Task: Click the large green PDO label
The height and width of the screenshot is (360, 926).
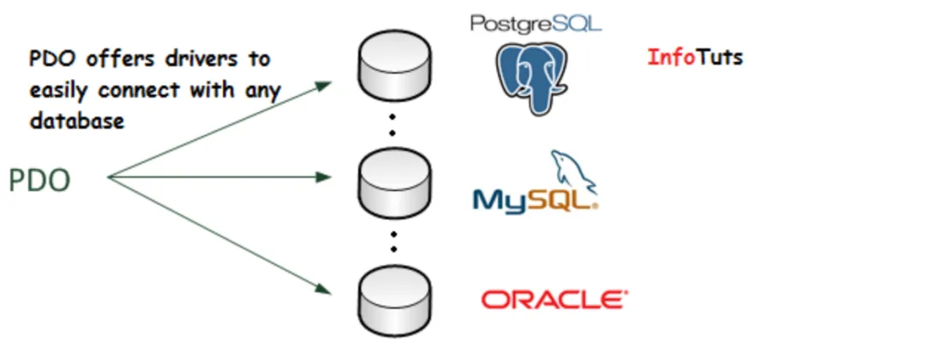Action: click(x=39, y=181)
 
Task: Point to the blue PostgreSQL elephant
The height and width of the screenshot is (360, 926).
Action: click(x=531, y=77)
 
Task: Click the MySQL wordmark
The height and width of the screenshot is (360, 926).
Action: click(x=532, y=200)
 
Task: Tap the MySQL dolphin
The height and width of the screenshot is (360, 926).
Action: click(x=574, y=171)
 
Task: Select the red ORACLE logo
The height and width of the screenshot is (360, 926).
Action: click(x=554, y=299)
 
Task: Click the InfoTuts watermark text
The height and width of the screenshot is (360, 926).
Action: click(x=694, y=57)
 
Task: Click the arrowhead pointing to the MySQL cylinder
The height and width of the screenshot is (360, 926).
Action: click(x=323, y=177)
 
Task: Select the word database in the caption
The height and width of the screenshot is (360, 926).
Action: click(x=77, y=122)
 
